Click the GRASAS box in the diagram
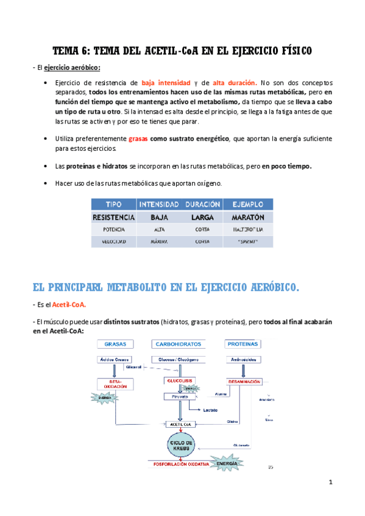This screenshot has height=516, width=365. (115, 344)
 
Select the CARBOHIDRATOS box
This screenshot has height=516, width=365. (179, 344)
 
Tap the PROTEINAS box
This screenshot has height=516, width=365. (241, 344)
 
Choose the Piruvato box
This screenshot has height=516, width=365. (178, 396)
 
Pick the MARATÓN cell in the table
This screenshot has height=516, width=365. (247, 217)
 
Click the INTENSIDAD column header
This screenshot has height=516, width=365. (158, 204)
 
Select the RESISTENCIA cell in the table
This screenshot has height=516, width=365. (113, 217)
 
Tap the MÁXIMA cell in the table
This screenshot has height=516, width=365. (158, 242)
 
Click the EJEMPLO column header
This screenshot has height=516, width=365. (247, 204)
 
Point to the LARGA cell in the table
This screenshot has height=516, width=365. (202, 217)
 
